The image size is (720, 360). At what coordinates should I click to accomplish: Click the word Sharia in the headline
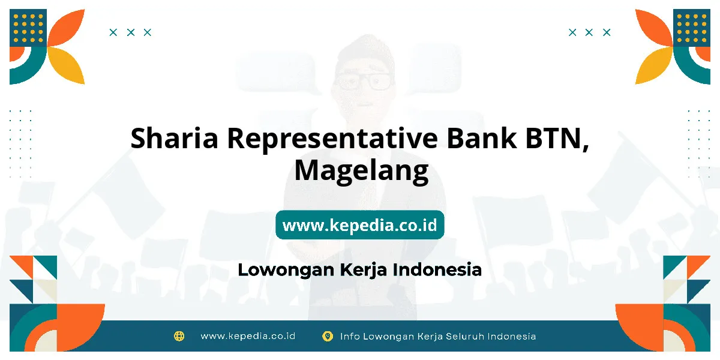[x=174, y=138]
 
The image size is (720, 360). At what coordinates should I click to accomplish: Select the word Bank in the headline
[x=481, y=138]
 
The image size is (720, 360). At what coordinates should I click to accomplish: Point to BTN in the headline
[x=557, y=139]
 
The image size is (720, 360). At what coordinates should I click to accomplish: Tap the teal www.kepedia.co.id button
[x=359, y=224]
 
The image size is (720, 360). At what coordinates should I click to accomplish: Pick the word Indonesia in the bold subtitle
[x=437, y=269]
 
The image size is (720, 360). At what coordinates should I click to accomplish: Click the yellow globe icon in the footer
[x=179, y=336]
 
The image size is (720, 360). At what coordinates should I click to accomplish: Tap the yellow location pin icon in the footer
[x=328, y=336]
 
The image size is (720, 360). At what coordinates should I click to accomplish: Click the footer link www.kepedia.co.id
[x=248, y=336]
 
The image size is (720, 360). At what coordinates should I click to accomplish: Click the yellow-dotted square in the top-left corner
[x=28, y=28]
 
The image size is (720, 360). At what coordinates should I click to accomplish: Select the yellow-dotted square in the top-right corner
[x=692, y=28]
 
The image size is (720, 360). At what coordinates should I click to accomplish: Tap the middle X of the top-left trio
[x=131, y=32]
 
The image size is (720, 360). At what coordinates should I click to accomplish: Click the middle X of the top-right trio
[x=589, y=32]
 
